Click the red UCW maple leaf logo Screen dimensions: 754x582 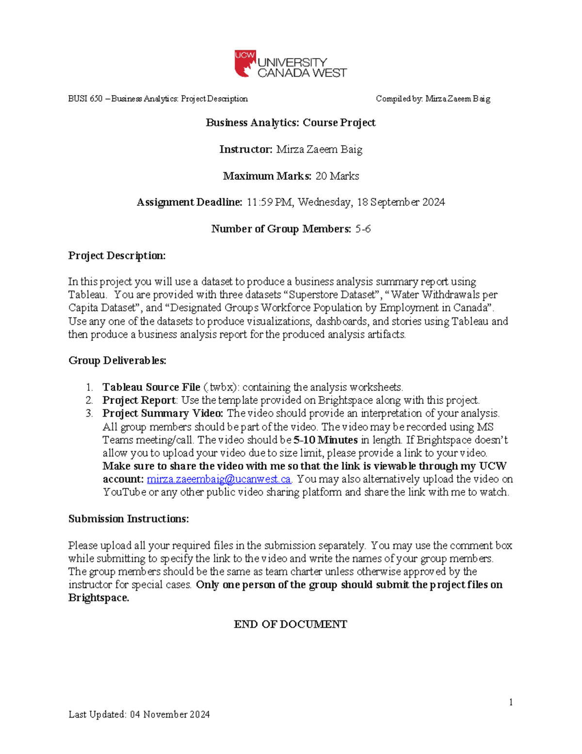[x=245, y=63]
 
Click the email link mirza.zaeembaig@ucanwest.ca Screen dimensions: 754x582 [x=219, y=479]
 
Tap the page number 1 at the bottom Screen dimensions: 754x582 [x=511, y=702]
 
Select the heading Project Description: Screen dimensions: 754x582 [x=117, y=255]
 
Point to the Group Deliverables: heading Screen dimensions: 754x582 [x=117, y=360]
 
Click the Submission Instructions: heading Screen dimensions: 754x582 [x=129, y=519]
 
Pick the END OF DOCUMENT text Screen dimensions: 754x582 [x=291, y=624]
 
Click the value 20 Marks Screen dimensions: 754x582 [x=337, y=176]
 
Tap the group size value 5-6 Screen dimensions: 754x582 [x=363, y=229]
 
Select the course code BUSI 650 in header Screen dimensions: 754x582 [x=85, y=99]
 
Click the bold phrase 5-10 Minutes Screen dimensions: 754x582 [x=325, y=440]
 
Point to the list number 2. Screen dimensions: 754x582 [x=89, y=400]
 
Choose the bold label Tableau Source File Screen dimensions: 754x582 [x=151, y=387]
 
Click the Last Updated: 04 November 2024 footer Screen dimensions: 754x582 [x=139, y=714]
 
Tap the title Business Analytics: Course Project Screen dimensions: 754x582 [x=291, y=122]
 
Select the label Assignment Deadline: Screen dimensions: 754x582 [x=189, y=202]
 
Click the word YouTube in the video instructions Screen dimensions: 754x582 [x=124, y=492]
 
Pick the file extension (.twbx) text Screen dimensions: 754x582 [x=221, y=387]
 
